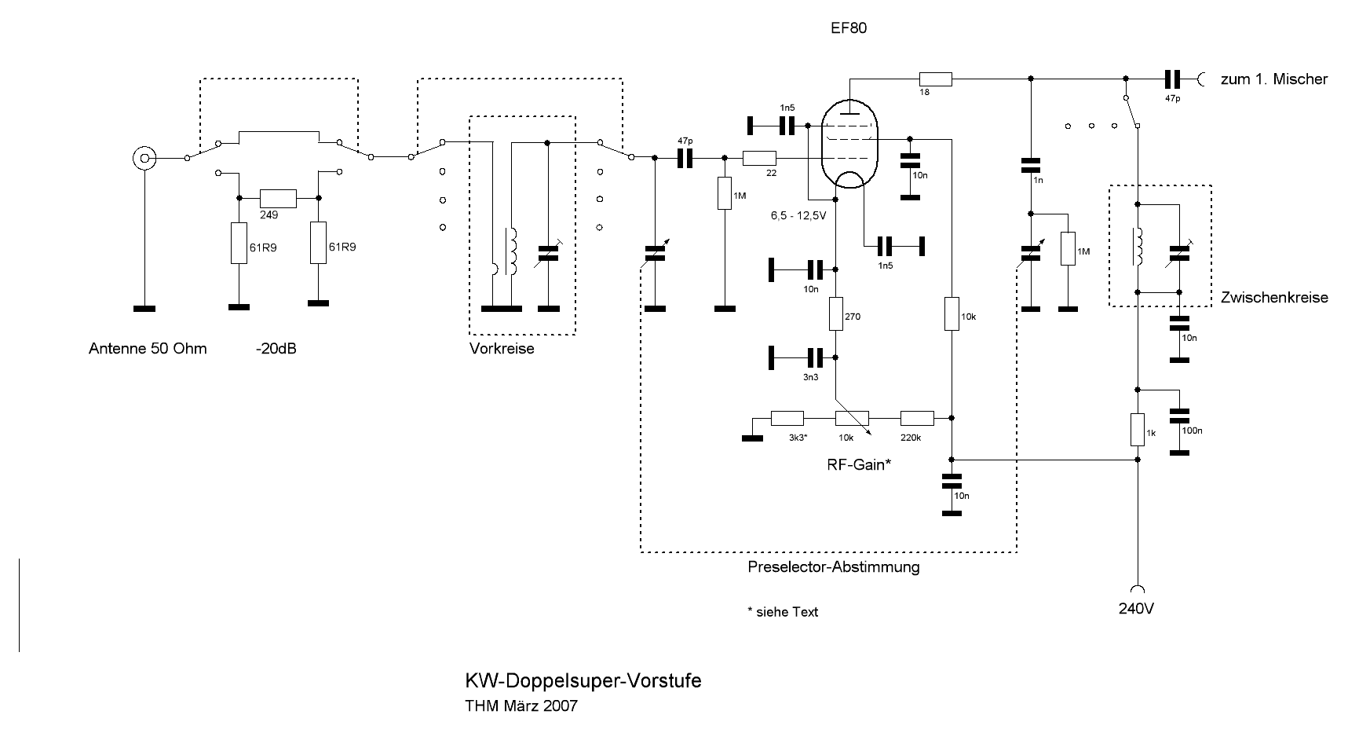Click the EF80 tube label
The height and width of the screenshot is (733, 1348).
point(848,28)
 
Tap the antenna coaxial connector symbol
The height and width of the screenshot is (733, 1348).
point(144,158)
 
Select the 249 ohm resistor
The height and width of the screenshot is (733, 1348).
point(278,197)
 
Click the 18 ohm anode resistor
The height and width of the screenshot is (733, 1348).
point(935,79)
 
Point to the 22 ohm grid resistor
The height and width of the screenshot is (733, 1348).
point(759,158)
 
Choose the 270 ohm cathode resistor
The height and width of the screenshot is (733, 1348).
point(836,314)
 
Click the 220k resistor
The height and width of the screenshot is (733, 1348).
point(917,418)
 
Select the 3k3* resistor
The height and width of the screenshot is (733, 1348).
point(787,418)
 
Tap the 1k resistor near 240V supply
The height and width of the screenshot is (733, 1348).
point(1138,430)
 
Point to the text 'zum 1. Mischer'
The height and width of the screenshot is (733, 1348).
point(1273,79)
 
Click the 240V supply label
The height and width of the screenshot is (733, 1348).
point(1136,609)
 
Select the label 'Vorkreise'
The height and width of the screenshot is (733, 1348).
point(502,349)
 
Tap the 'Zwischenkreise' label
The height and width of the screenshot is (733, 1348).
point(1274,298)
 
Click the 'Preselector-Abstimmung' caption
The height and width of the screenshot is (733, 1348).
point(834,566)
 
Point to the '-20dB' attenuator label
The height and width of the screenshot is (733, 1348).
point(276,349)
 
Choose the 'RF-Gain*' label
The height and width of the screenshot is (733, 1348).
point(860,464)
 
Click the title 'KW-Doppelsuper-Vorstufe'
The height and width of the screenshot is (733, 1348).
point(583,680)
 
